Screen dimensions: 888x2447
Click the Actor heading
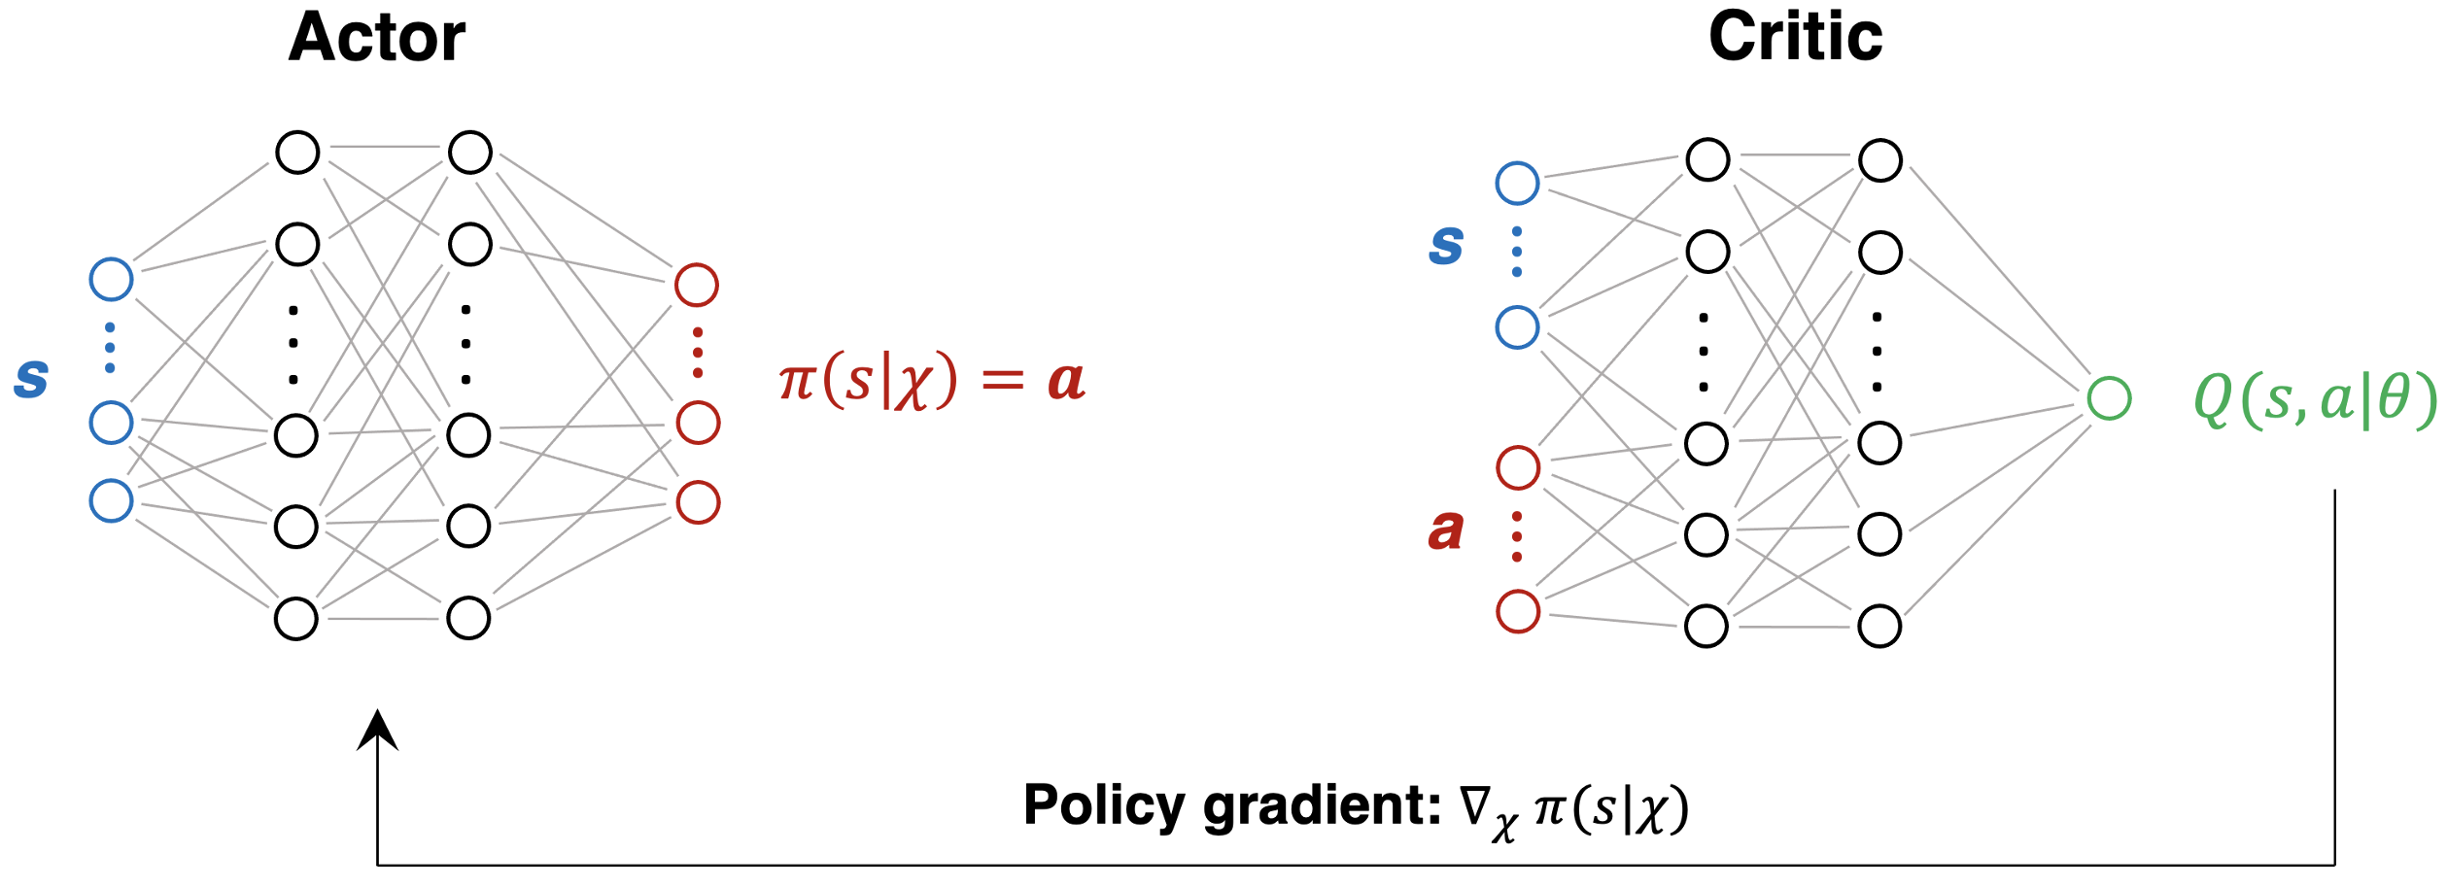click(x=377, y=38)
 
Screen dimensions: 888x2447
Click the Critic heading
click(x=1795, y=38)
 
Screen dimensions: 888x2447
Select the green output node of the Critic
click(x=2109, y=398)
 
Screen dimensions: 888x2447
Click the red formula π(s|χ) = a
click(x=931, y=380)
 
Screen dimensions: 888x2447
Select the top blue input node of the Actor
click(x=111, y=279)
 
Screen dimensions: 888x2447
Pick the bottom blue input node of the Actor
click(x=111, y=501)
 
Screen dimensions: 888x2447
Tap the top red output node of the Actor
click(x=697, y=285)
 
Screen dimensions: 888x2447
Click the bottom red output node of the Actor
click(x=698, y=502)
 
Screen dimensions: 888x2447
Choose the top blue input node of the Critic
click(x=1517, y=183)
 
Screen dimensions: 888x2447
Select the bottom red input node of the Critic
click(x=1518, y=611)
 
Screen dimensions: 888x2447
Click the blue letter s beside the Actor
click(x=31, y=378)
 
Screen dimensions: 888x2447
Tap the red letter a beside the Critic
click(x=1446, y=530)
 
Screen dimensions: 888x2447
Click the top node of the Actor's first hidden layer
click(x=297, y=153)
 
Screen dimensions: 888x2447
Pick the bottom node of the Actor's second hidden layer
click(x=468, y=619)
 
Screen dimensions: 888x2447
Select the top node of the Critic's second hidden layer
click(x=1880, y=160)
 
